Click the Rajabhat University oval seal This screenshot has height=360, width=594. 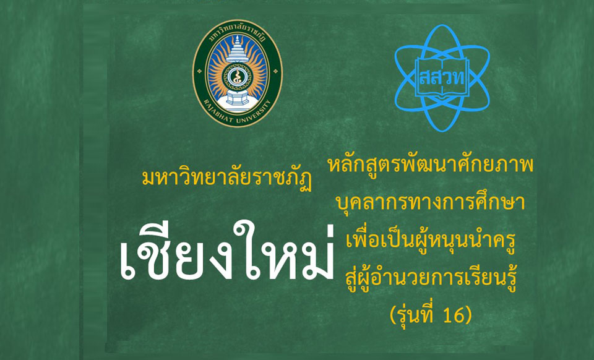[x=238, y=73]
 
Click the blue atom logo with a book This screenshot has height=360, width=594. [x=442, y=78]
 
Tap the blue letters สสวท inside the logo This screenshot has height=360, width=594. [x=442, y=77]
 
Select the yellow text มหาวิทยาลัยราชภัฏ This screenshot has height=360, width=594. [x=226, y=179]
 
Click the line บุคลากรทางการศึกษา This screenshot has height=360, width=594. [x=431, y=202]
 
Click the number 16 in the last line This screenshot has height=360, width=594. [x=451, y=315]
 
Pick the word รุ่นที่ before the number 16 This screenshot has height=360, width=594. [x=415, y=314]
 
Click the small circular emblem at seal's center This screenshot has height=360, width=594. [x=238, y=75]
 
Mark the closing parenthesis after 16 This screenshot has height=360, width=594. [x=468, y=315]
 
